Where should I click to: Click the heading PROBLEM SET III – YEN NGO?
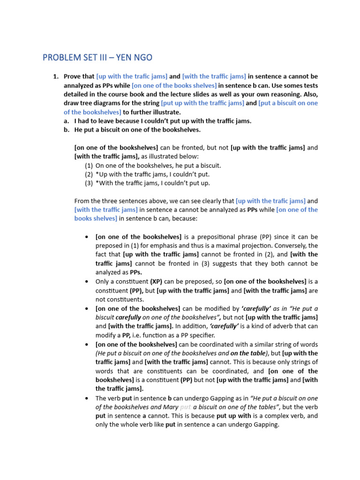tap(97, 58)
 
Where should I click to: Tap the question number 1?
tap(55, 76)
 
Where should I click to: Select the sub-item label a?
tap(66, 121)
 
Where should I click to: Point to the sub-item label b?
tap(66, 130)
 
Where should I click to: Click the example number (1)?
tap(89, 165)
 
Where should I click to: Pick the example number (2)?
tap(89, 174)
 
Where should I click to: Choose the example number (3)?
tap(89, 183)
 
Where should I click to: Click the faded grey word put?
tap(186, 407)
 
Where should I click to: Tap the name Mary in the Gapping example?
tap(170, 407)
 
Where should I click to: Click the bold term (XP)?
tap(157, 281)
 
